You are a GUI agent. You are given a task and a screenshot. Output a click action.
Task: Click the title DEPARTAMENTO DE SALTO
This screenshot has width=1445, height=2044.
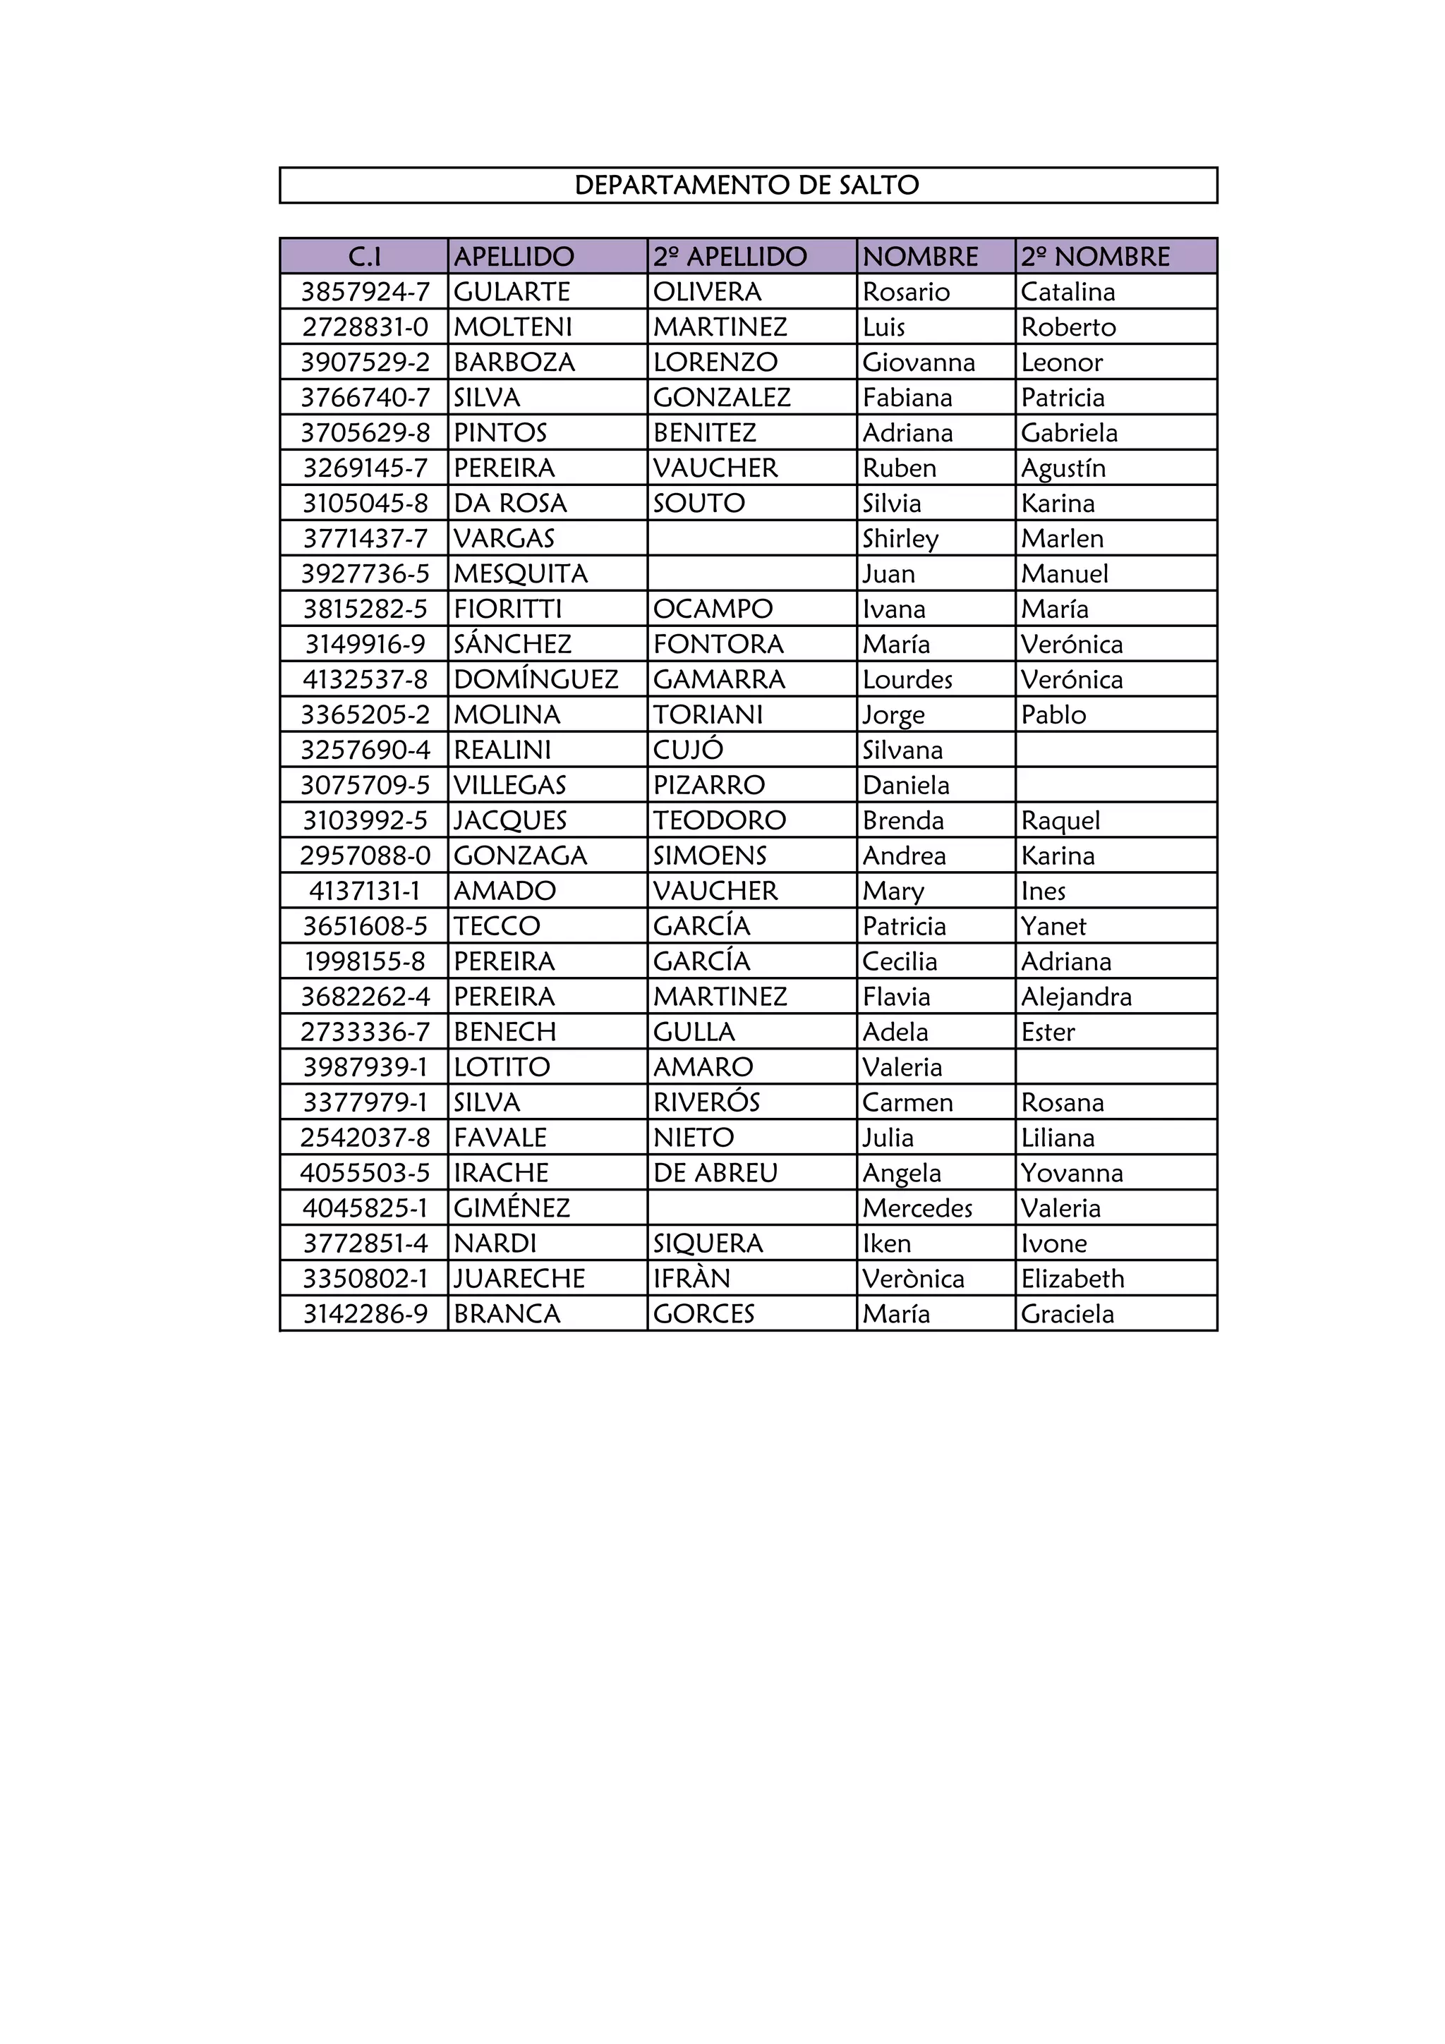[747, 185]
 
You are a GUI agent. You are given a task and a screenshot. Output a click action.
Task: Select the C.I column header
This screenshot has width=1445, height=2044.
[364, 257]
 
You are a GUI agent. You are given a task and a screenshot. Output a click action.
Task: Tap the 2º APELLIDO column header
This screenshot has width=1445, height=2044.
[730, 257]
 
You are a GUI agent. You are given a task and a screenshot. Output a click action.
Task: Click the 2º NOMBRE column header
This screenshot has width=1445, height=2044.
[1095, 257]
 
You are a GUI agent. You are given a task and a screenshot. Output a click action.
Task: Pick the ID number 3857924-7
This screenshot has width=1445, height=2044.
[365, 292]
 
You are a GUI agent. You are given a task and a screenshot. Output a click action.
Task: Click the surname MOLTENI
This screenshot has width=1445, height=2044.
[513, 327]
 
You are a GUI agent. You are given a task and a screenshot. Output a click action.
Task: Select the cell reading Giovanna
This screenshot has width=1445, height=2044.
[919, 363]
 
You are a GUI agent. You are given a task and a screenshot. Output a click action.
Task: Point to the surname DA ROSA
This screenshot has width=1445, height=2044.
[510, 503]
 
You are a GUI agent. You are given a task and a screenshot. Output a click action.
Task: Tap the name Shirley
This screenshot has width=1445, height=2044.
[900, 539]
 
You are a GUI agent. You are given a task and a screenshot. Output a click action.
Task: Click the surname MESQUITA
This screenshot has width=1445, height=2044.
[521, 573]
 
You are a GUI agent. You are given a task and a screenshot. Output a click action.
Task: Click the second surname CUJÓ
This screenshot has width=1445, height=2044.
[688, 750]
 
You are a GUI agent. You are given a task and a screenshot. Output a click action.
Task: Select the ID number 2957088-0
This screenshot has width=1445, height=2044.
[365, 856]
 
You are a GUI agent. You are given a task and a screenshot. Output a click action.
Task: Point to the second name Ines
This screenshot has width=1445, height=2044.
[1044, 890]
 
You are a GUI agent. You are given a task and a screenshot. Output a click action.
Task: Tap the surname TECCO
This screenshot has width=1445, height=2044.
[497, 926]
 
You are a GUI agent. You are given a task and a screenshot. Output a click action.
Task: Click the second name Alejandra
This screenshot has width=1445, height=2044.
[1077, 996]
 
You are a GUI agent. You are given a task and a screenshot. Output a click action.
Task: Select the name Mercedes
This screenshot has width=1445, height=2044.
[918, 1208]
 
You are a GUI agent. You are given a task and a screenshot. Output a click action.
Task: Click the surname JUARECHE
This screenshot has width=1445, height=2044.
[520, 1279]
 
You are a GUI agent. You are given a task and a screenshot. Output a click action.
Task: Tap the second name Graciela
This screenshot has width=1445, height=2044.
[1068, 1314]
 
